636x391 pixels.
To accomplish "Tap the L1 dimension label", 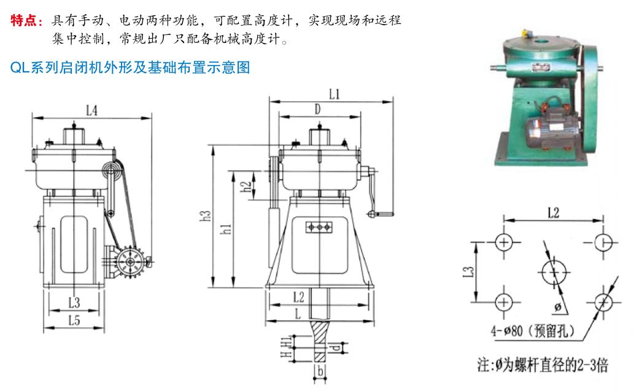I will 334,95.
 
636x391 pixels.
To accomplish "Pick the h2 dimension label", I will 246,187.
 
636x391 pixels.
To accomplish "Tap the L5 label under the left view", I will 74,319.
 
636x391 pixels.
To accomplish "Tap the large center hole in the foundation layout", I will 554,271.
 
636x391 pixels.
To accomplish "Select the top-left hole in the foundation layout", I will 504,241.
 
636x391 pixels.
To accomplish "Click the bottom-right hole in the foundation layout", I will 604,301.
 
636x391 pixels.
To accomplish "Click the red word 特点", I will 25,21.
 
